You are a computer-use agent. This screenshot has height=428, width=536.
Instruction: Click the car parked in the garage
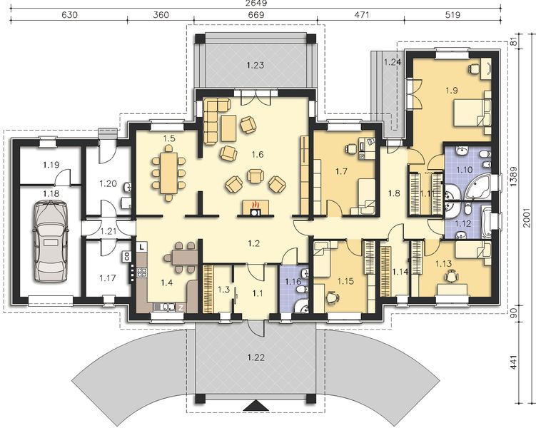pyautogui.click(x=50, y=242)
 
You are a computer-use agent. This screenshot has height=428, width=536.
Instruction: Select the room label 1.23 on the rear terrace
pyautogui.click(x=256, y=65)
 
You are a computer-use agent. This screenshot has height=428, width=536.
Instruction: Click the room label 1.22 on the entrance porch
pyautogui.click(x=256, y=357)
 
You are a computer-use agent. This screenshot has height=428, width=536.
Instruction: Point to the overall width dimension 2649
pyautogui.click(x=256, y=4)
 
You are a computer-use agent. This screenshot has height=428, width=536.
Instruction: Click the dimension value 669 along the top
pyautogui.click(x=256, y=15)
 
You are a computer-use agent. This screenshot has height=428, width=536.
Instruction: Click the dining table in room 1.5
pyautogui.click(x=168, y=173)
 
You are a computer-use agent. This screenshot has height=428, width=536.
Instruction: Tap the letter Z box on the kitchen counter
pyautogui.click(x=181, y=307)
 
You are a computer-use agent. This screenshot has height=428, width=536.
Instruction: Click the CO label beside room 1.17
pyautogui.click(x=126, y=257)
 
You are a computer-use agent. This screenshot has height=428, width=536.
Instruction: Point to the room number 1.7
pyautogui.click(x=341, y=171)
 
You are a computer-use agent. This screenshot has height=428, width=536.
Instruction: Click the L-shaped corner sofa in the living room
pyautogui.click(x=213, y=118)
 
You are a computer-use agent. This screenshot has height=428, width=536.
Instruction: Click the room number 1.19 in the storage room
pyautogui.click(x=51, y=165)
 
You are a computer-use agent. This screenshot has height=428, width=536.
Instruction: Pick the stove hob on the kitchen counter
pyautogui.click(x=142, y=272)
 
